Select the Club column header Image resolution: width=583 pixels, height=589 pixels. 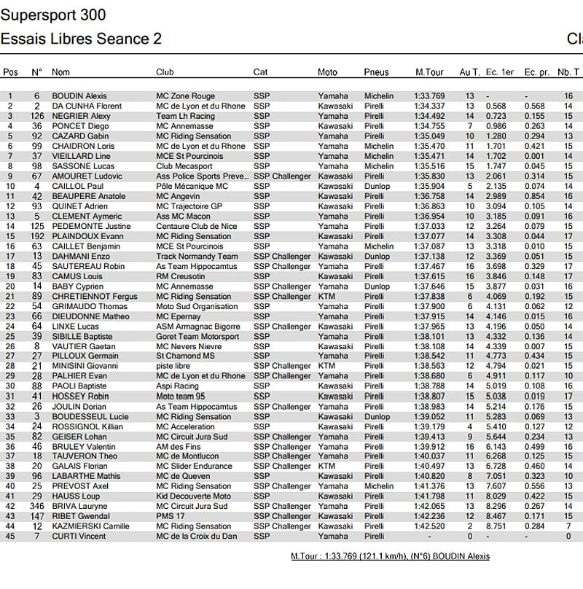point(165,72)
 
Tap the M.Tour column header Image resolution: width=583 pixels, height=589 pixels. point(430,72)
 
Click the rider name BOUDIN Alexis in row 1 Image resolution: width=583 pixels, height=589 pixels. point(79,96)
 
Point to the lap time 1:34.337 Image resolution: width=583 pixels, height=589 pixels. point(429,106)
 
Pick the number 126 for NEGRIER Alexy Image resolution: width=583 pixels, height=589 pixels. point(37,116)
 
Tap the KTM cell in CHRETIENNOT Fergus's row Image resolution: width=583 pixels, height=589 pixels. point(326,296)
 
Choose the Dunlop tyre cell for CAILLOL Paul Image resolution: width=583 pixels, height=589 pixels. point(377,186)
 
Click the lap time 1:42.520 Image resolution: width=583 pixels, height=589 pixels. point(429,526)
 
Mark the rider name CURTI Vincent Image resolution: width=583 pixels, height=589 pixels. point(78,536)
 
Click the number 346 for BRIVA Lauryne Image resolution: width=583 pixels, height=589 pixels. point(37,506)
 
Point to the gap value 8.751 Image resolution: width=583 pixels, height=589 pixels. point(496,526)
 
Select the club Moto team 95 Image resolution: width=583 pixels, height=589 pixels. point(181,396)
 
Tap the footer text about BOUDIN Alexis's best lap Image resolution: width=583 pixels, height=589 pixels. point(390,556)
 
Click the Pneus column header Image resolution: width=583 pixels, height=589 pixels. point(377,72)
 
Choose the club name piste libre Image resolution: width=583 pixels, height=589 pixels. point(173,366)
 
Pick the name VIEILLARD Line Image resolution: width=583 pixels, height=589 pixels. point(81,156)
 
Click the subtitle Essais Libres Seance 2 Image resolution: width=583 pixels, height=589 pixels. point(81,39)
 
